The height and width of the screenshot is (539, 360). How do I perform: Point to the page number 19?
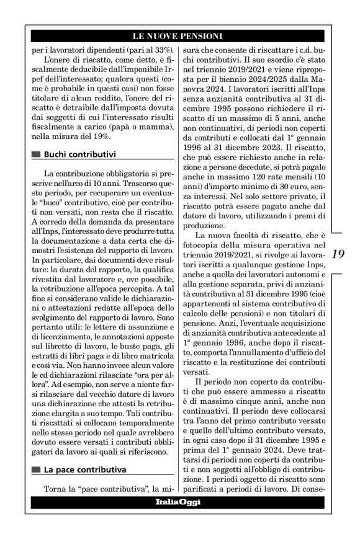click(338, 254)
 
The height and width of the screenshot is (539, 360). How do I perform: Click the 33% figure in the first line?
click(160, 49)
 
